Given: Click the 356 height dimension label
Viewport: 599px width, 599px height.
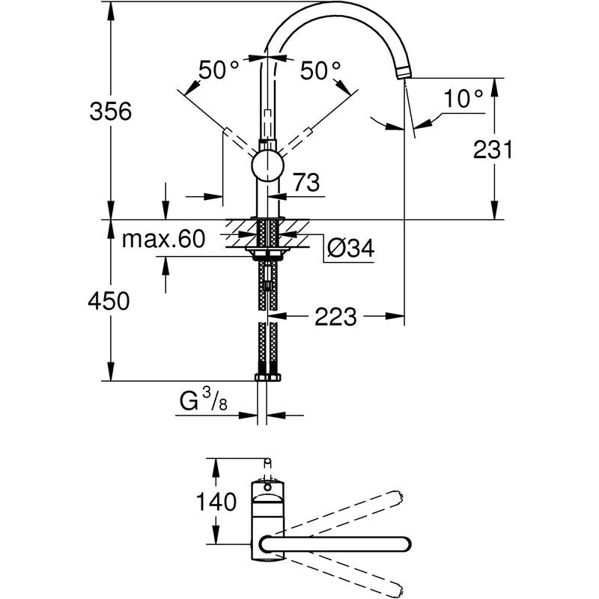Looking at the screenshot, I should (x=110, y=112).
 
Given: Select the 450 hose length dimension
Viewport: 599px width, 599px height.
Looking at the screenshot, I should (x=110, y=301).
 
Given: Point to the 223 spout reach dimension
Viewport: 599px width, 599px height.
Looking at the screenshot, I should (x=334, y=317).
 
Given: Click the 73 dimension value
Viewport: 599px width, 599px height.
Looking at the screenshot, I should (x=305, y=182).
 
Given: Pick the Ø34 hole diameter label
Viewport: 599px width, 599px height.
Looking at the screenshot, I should (x=350, y=249).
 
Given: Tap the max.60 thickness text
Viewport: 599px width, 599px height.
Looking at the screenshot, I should (x=163, y=240).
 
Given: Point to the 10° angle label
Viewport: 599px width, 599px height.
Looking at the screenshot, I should (x=463, y=98).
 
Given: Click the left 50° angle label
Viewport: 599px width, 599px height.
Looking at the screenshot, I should (x=219, y=71).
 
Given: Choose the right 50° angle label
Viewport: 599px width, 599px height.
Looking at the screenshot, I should (x=320, y=71).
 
